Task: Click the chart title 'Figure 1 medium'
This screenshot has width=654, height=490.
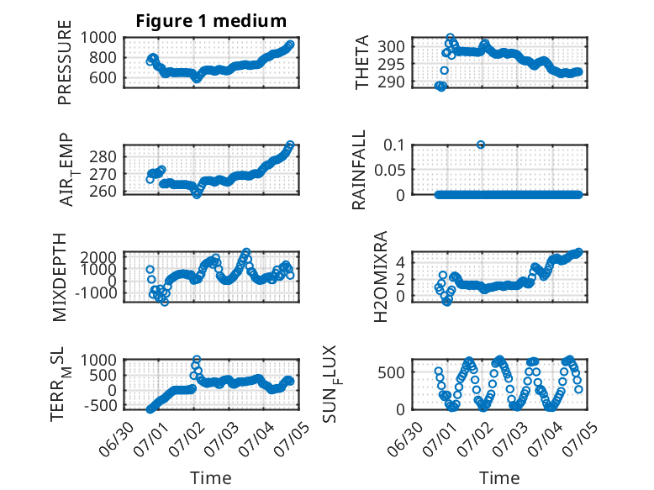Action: pyautogui.click(x=211, y=21)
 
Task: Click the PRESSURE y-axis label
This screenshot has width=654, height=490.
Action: pyautogui.click(x=65, y=62)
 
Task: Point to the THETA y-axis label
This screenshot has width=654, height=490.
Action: pyautogui.click(x=362, y=62)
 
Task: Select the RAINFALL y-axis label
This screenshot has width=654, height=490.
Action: pyautogui.click(x=359, y=170)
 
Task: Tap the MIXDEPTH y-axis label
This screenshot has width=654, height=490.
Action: pyautogui.click(x=60, y=277)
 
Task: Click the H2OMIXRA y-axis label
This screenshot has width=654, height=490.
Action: pyautogui.click(x=381, y=277)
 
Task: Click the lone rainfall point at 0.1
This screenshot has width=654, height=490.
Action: pyautogui.click(x=481, y=145)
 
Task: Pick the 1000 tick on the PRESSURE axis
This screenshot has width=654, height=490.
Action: pyautogui.click(x=98, y=38)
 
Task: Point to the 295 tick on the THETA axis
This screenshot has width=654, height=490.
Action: pyautogui.click(x=391, y=64)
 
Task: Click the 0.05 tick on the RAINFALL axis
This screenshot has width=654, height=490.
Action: pyautogui.click(x=389, y=170)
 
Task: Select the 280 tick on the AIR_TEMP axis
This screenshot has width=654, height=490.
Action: pyautogui.click(x=103, y=157)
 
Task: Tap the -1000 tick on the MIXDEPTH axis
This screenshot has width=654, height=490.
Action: pyautogui.click(x=96, y=292)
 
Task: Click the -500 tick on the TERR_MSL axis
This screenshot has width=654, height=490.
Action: pyautogui.click(x=101, y=405)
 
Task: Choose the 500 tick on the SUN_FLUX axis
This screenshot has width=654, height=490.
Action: pyautogui.click(x=391, y=372)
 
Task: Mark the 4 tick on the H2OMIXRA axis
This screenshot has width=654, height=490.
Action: pyautogui.click(x=401, y=262)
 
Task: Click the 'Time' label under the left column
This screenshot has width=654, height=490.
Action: pyautogui.click(x=211, y=477)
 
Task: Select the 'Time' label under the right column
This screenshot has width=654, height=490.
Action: pyautogui.click(x=499, y=477)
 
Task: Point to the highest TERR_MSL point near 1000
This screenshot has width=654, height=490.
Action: pyautogui.click(x=197, y=359)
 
